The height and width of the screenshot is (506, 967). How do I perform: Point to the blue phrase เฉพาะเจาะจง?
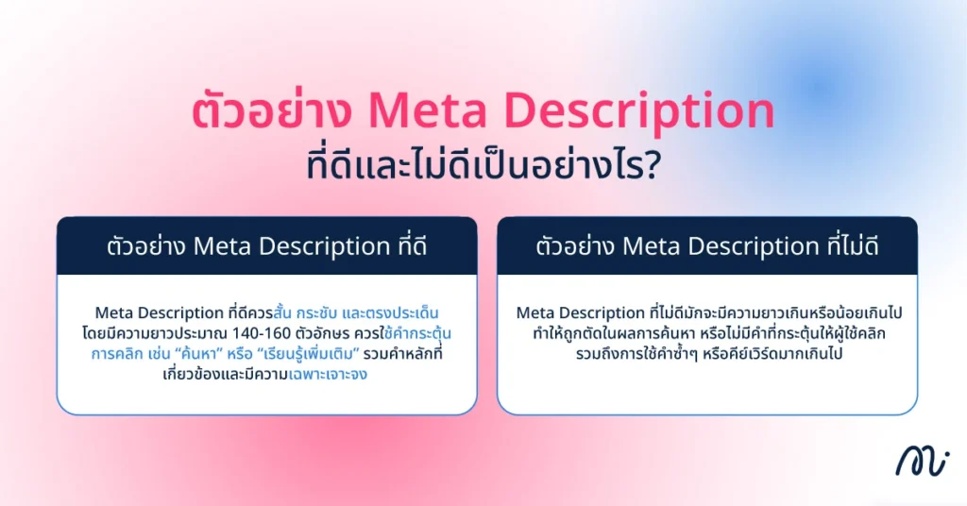[328, 374]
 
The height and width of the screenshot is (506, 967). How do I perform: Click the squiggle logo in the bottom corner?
[922, 462]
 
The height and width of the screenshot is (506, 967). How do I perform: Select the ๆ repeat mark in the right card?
[699, 354]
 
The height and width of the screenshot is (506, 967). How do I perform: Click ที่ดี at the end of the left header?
[408, 245]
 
